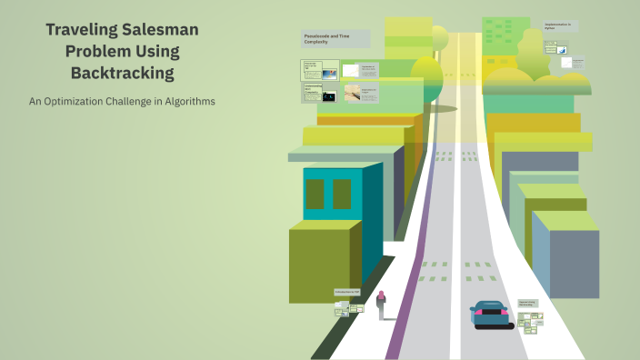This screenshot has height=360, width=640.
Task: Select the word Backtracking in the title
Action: [x=122, y=72]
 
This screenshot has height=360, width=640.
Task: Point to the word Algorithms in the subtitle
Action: [x=186, y=101]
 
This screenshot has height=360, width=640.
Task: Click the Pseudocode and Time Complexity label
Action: [x=335, y=38]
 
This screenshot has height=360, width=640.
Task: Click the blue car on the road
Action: [x=491, y=315]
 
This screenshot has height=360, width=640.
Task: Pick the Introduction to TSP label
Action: [x=347, y=292]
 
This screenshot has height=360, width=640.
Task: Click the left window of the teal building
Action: [x=315, y=194]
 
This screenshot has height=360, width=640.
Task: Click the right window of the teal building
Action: [x=342, y=194]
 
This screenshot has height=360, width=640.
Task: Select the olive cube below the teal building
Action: [x=323, y=264]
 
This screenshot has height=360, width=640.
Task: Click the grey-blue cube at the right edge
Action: [x=568, y=259]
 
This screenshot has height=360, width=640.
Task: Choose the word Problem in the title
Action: [x=101, y=51]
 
